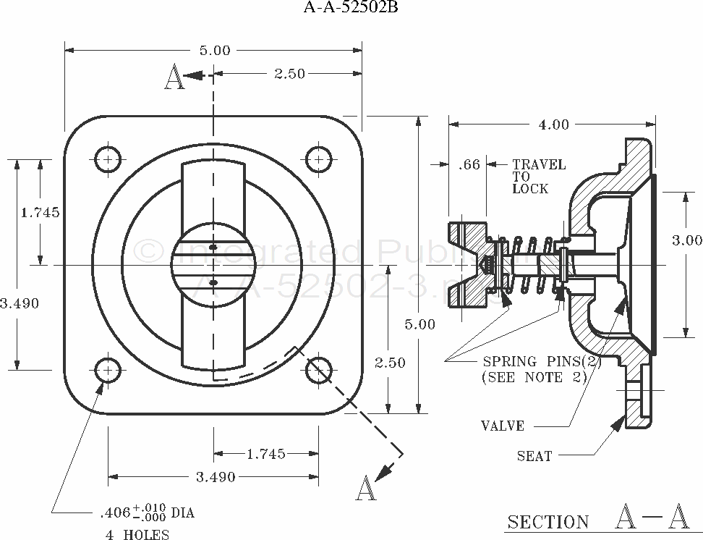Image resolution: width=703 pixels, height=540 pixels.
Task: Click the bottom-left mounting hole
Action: coord(108,370)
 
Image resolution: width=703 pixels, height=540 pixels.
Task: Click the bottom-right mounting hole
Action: coord(318,370)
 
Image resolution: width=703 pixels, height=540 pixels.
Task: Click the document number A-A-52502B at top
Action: coord(350,9)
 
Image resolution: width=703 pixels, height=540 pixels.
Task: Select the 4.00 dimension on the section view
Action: coord(553,125)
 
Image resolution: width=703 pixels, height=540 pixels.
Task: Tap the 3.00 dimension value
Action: coord(686,241)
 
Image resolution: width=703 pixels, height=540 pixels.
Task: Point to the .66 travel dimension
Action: coord(469,165)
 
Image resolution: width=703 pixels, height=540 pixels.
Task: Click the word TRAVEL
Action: coord(539,165)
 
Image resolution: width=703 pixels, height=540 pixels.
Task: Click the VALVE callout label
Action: coord(503,426)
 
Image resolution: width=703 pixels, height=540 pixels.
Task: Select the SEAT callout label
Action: coord(534,456)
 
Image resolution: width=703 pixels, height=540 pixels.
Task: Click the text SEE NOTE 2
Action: coord(533,376)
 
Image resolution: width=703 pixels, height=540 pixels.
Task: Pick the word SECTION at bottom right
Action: coord(548,522)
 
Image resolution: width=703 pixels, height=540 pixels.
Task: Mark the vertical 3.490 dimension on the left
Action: coord(20,303)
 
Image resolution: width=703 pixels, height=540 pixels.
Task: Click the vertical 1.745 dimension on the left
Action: coord(40,212)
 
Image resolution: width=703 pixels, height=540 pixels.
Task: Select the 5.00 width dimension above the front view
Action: coord(214,51)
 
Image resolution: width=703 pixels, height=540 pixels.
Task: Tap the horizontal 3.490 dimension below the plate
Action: coord(214,476)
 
